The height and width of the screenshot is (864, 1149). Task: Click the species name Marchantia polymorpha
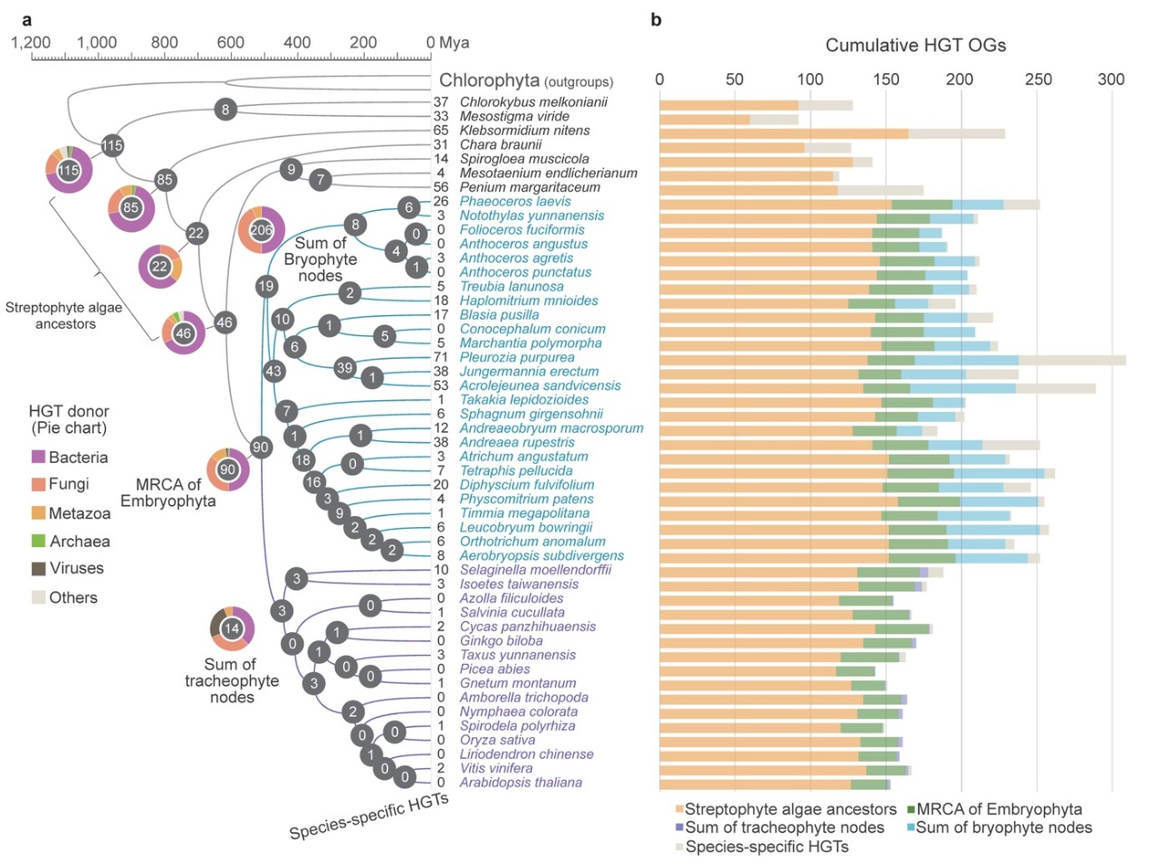531,343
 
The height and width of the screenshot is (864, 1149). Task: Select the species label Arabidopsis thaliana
521,782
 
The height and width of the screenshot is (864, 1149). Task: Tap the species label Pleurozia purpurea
517,358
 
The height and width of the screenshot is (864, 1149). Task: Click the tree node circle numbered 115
111,145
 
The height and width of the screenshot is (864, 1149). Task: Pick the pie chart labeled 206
262,230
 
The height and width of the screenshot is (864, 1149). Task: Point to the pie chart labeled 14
232,629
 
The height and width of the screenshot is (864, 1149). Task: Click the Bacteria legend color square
38,457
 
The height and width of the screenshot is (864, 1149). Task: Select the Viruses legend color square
38,569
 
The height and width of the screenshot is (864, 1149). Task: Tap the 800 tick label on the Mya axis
164,43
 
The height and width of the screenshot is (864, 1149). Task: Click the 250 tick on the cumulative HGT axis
1039,80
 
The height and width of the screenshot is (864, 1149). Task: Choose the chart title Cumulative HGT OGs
915,45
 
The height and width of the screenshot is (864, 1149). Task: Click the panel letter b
656,20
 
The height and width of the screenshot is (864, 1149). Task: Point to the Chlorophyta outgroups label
525,82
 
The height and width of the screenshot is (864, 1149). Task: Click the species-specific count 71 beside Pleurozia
441,358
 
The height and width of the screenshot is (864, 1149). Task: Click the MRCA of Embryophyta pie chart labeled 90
228,469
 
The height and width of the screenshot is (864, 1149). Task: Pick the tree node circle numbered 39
344,368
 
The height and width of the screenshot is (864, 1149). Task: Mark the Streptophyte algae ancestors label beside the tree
64,315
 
